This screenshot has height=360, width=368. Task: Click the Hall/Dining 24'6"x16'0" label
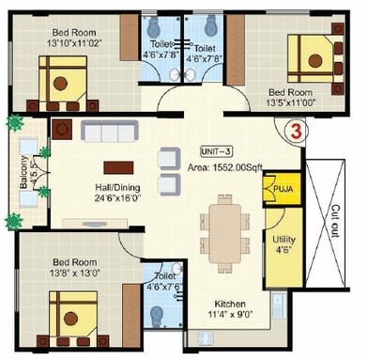tap(99, 193)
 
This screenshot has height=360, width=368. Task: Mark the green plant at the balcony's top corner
tap(15, 123)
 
